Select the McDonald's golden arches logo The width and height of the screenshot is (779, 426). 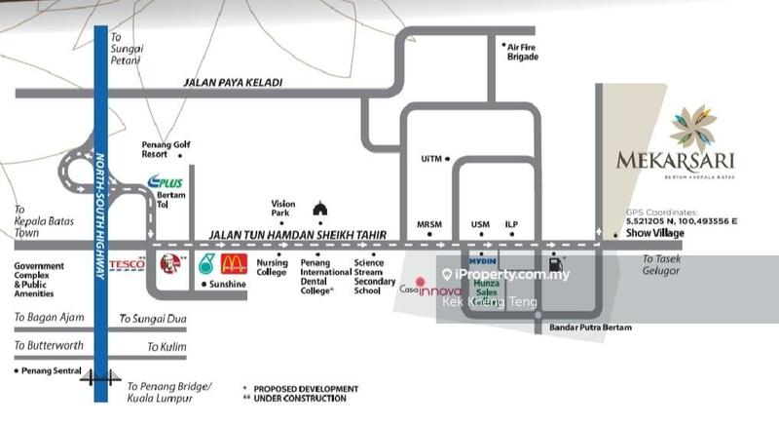234,263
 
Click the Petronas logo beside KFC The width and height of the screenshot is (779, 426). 206,263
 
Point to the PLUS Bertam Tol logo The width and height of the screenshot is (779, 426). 165,181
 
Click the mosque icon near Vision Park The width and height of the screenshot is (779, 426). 319,208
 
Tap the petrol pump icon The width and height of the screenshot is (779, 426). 556,262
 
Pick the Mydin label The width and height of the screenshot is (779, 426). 481,261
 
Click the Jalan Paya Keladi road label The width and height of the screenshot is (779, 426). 233,83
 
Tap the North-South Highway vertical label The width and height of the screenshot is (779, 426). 100,215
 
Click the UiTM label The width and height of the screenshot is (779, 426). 431,158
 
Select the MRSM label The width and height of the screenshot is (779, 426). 428,224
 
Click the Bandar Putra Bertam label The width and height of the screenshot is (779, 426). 591,328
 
